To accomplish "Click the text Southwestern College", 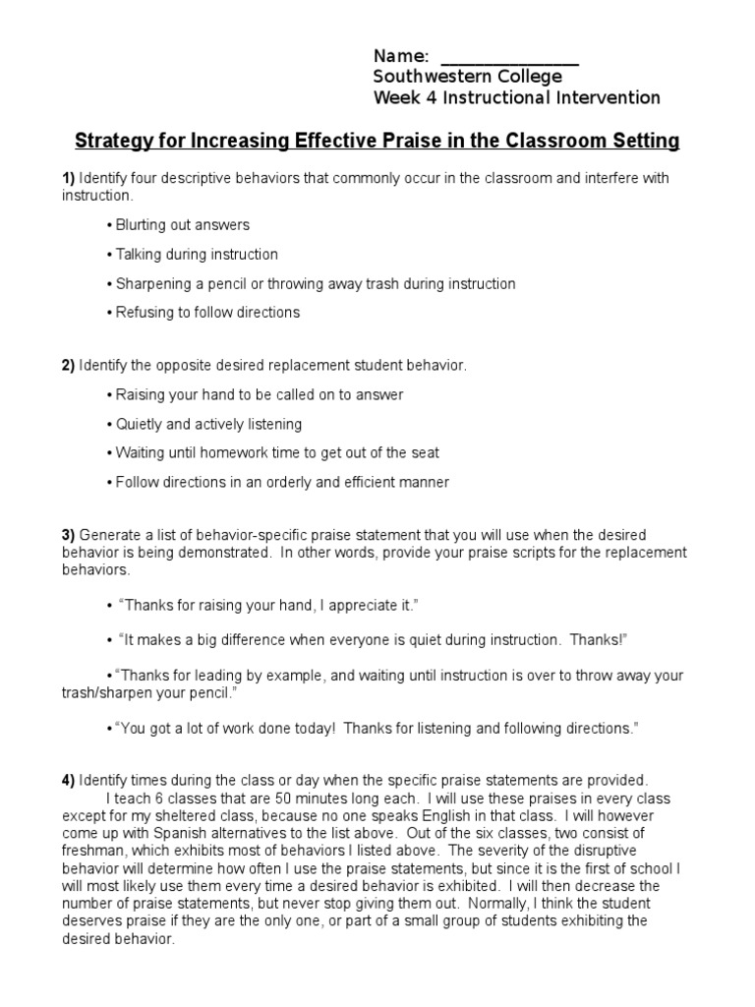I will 468,77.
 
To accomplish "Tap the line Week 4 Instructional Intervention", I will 516,97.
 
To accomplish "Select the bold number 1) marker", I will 68,178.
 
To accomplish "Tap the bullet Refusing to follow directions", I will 205,313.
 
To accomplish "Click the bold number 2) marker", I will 68,366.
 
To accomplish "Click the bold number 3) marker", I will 68,535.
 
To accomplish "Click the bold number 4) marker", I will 68,780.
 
